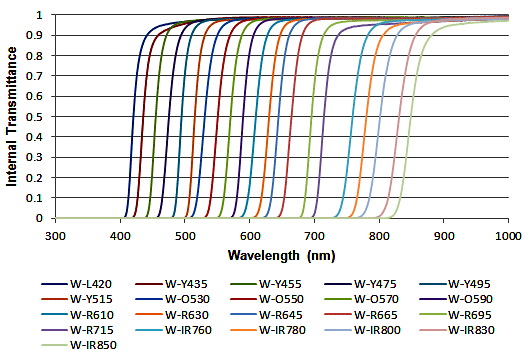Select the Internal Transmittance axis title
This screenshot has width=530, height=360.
pyautogui.click(x=13, y=117)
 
